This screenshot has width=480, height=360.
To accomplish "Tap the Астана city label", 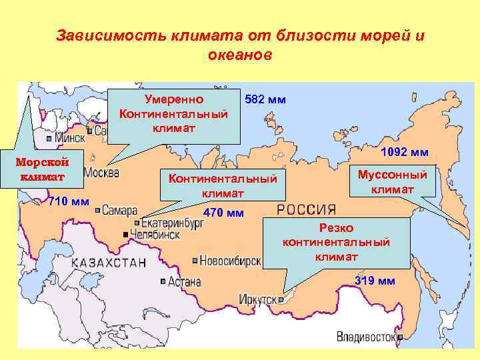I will coord(185,282).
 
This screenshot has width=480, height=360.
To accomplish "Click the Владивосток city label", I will coord(366,337).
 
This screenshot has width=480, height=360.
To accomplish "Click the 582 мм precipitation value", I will coord(265,100).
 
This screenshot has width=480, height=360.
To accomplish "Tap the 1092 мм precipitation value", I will coord(405,152).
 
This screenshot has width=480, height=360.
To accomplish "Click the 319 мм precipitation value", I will coord(375,281).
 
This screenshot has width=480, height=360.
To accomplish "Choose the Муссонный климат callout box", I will coord(393,181).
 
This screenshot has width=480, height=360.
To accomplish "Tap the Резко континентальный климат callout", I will coord(336,242).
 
